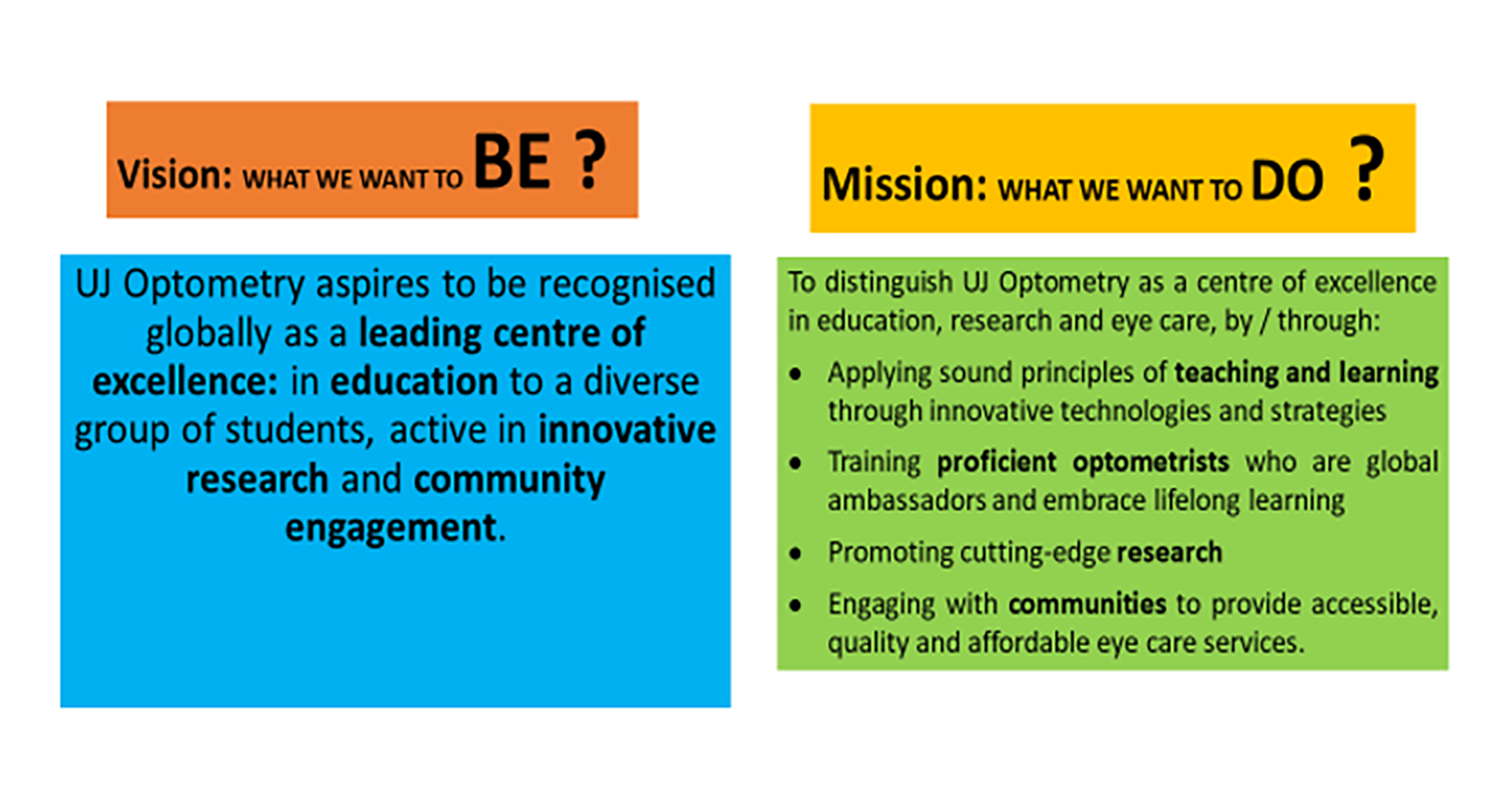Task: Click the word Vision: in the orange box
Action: [x=175, y=173]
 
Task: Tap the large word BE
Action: [x=512, y=162]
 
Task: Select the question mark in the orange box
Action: [x=591, y=159]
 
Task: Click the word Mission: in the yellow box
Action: [x=905, y=184]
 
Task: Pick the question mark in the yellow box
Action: [x=1366, y=168]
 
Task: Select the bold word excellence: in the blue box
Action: [x=185, y=381]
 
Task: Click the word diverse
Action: [x=641, y=381]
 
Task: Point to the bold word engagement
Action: [x=391, y=529]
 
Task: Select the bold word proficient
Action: [x=997, y=462]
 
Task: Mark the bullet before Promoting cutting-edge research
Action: [x=795, y=554]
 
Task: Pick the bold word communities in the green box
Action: [x=1087, y=604]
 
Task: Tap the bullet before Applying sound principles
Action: [x=795, y=374]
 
